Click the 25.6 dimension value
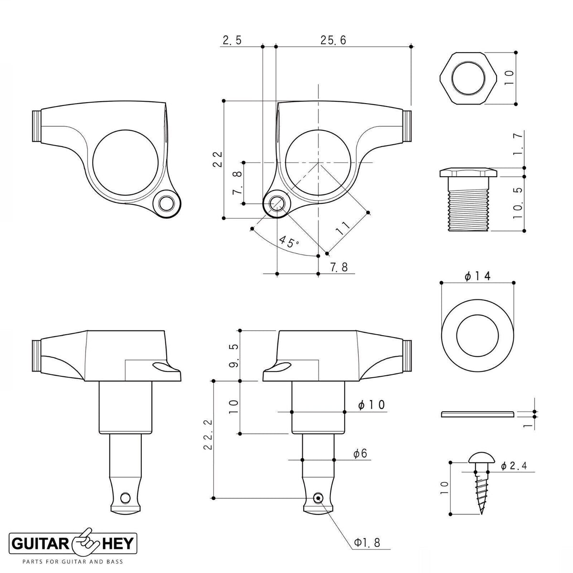[x=333, y=40]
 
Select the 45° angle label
[x=289, y=242]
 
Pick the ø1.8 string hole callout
[x=367, y=542]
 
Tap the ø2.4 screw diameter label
[x=513, y=466]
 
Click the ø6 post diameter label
[x=361, y=453]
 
